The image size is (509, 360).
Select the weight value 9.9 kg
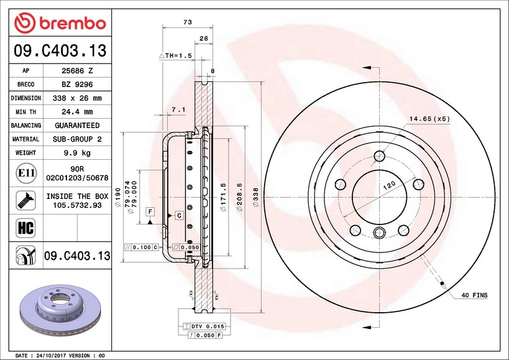(77, 153)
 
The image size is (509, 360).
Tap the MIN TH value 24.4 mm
(77, 112)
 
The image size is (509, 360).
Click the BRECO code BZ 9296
(77, 85)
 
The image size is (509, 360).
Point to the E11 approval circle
(26, 173)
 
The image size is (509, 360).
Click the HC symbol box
(25, 228)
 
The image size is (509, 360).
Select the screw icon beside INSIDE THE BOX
(26, 200)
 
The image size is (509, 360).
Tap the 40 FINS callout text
(474, 295)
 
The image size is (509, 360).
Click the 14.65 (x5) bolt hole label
(430, 119)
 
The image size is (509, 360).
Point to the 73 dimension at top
(188, 22)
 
